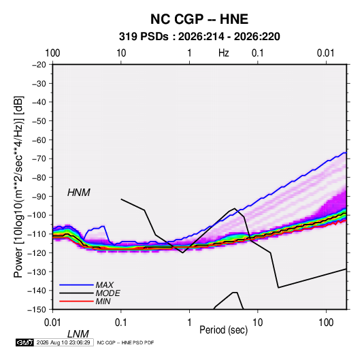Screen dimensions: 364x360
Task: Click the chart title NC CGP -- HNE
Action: pos(199,19)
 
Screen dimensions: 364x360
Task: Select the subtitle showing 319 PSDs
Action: pos(199,37)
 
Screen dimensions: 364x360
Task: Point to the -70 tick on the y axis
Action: pos(39,159)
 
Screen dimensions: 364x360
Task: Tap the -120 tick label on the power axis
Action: pos(37,253)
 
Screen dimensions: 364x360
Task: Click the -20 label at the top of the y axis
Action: pos(39,65)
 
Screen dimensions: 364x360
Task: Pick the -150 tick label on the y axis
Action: pos(37,310)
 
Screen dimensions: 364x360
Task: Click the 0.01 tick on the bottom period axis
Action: pos(52,323)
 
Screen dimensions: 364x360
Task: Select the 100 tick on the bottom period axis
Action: pos(326,323)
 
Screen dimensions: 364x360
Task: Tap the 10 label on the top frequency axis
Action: pos(121,53)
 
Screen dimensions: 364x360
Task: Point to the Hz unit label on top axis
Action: pos(224,53)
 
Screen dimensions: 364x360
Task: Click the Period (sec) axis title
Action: pos(224,330)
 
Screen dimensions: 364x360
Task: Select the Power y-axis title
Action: pos(18,186)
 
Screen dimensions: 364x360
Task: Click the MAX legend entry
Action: pos(105,285)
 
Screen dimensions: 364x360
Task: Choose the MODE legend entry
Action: pos(108,293)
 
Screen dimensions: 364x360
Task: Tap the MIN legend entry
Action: pos(103,301)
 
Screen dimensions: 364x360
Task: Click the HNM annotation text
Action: pos(79,193)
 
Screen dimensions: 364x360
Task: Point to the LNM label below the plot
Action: pos(78,334)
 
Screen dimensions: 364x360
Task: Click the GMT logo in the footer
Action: pos(25,342)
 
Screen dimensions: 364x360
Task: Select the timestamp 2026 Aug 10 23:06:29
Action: pos(63,342)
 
